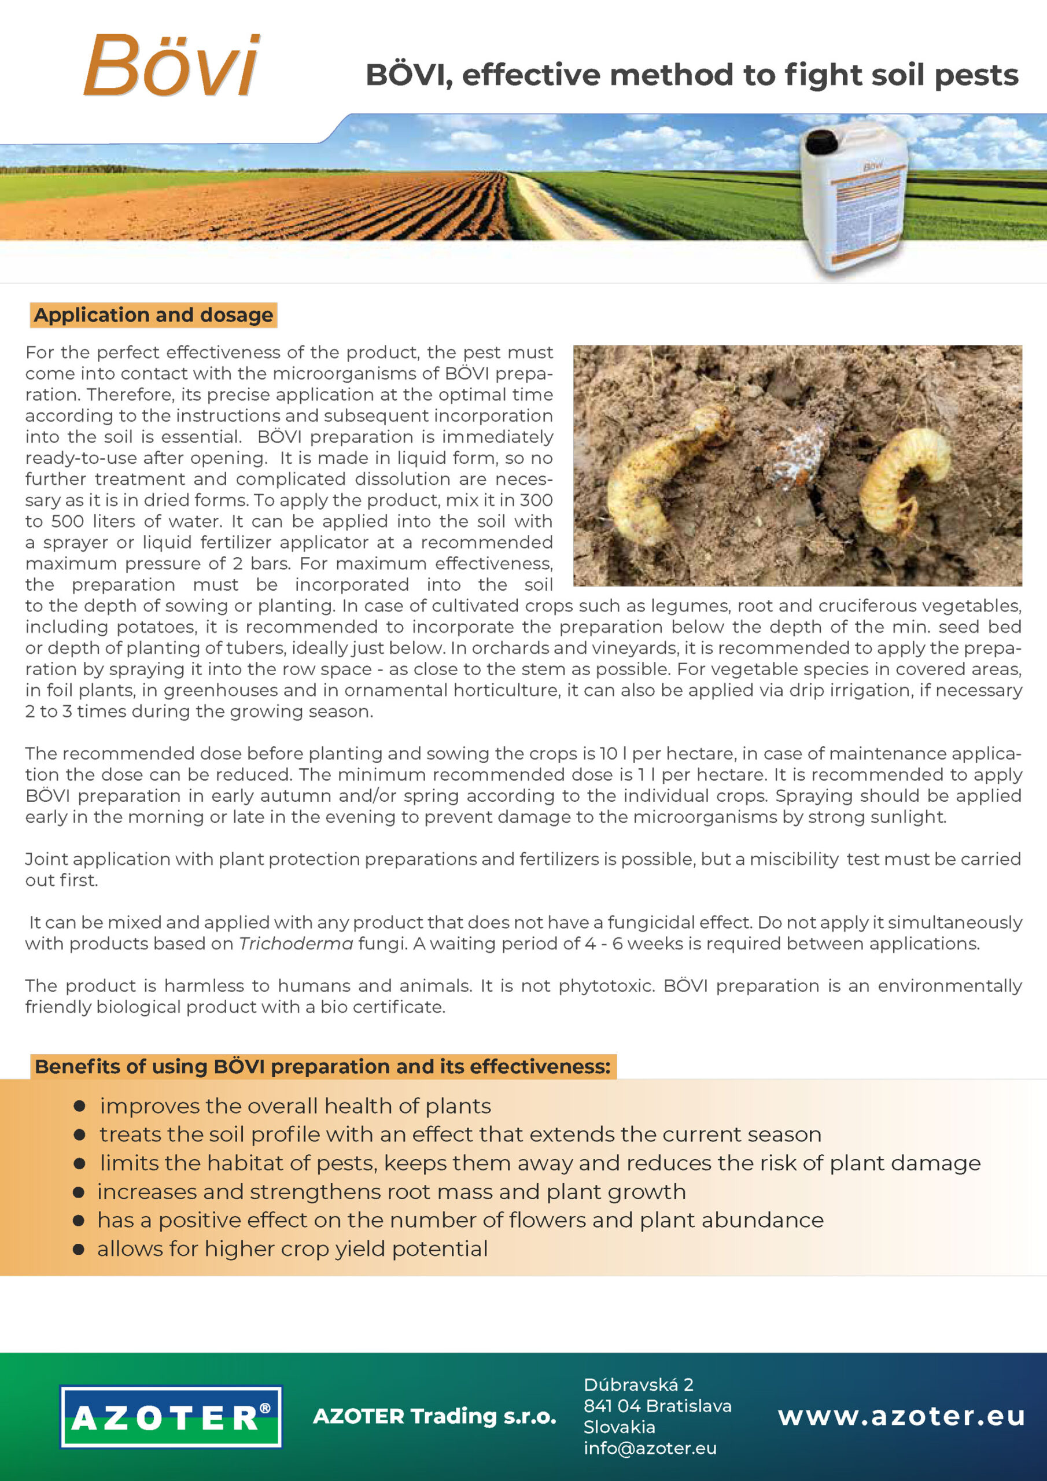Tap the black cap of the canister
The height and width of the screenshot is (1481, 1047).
coord(822,140)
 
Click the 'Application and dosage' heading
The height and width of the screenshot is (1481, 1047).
coord(153,315)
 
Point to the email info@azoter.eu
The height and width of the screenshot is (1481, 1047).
coord(650,1448)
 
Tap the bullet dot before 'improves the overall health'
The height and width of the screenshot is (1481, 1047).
coord(80,1106)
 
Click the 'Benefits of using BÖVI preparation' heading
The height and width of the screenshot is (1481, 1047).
coord(323,1066)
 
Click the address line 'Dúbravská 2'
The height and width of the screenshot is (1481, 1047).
coord(638,1384)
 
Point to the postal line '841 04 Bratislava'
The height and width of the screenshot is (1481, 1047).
coord(657,1406)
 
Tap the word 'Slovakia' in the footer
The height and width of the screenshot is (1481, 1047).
coord(620,1427)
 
